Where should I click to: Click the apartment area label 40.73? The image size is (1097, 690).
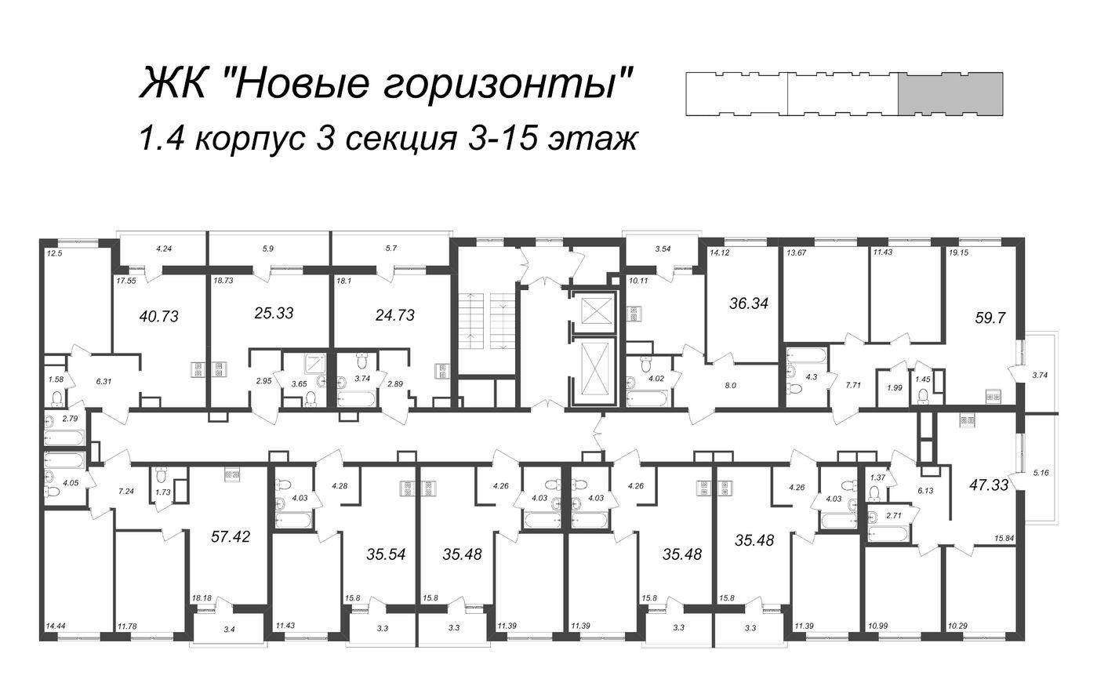click(158, 317)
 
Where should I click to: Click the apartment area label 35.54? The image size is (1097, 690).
click(386, 554)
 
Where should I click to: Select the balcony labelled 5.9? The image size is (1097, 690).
click(268, 249)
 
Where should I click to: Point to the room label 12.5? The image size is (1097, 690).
click(54, 252)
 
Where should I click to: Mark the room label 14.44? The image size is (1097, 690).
click(56, 626)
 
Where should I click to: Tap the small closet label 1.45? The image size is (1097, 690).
click(923, 379)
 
